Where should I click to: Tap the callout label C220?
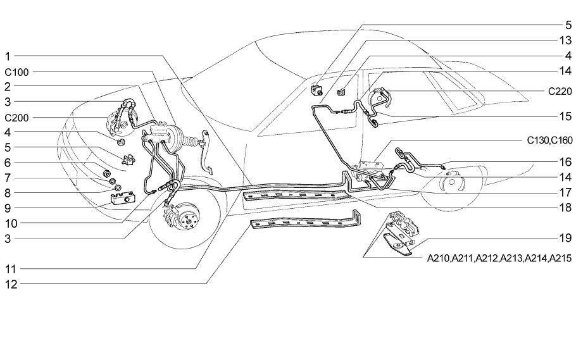tap(560, 91)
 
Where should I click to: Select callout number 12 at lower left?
tap(10, 285)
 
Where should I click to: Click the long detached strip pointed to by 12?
tap(304, 228)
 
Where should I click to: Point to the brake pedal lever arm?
tap(207, 152)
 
